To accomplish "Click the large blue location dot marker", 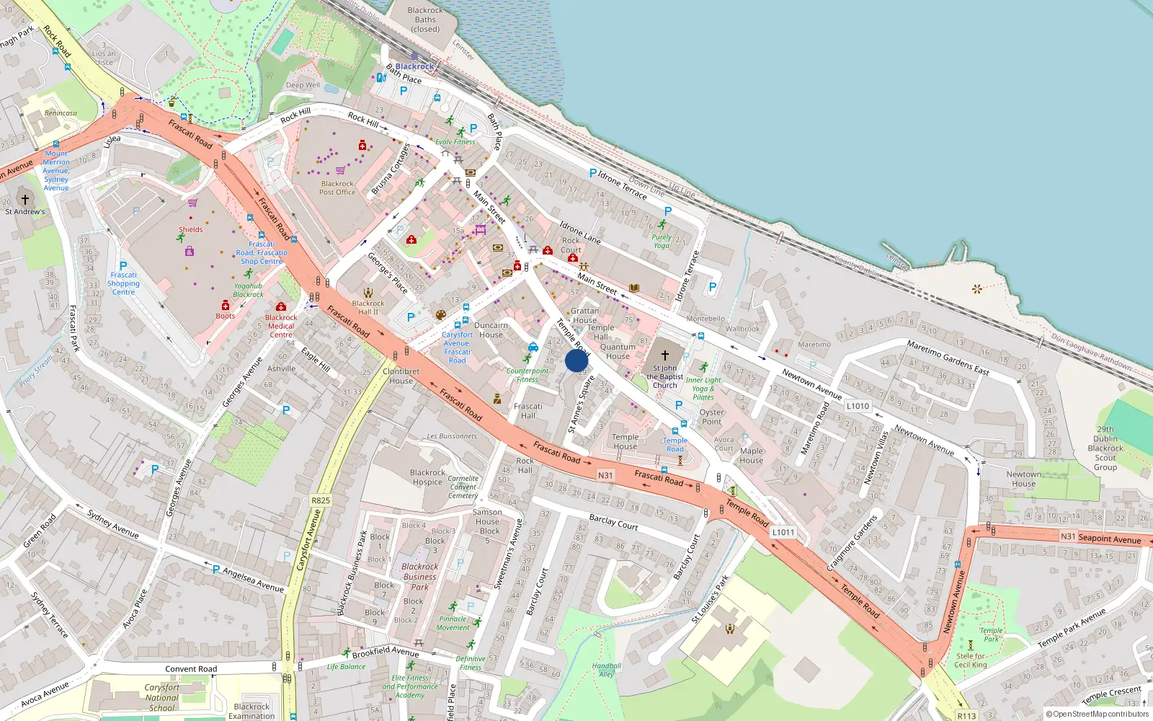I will pyautogui.click(x=576, y=361).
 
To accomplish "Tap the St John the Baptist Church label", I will pyautogui.click(x=664, y=376).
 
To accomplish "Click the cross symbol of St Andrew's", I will pyautogui.click(x=25, y=200).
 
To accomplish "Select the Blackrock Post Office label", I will pyautogui.click(x=337, y=188).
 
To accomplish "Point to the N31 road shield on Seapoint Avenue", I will pyautogui.click(x=1068, y=536).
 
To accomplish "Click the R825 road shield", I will pyautogui.click(x=321, y=500).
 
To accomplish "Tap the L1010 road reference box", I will pyautogui.click(x=858, y=406).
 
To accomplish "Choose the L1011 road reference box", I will pyautogui.click(x=783, y=532).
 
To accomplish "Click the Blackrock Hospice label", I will pyautogui.click(x=427, y=477).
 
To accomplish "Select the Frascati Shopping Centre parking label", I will pyautogui.click(x=123, y=283).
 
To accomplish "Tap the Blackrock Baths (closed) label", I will pyautogui.click(x=425, y=19).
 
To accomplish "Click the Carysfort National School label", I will pyautogui.click(x=161, y=697).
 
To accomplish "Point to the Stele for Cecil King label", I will pyautogui.click(x=971, y=660).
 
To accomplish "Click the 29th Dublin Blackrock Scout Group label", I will pyautogui.click(x=1105, y=448).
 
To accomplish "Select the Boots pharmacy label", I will pyautogui.click(x=226, y=316).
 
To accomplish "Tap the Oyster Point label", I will pyautogui.click(x=711, y=417).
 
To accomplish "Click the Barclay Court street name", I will pyautogui.click(x=613, y=522).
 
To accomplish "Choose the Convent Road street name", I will pyautogui.click(x=191, y=669).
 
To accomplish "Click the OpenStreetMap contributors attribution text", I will pyautogui.click(x=1098, y=715).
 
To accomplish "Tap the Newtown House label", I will pyautogui.click(x=1023, y=479).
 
